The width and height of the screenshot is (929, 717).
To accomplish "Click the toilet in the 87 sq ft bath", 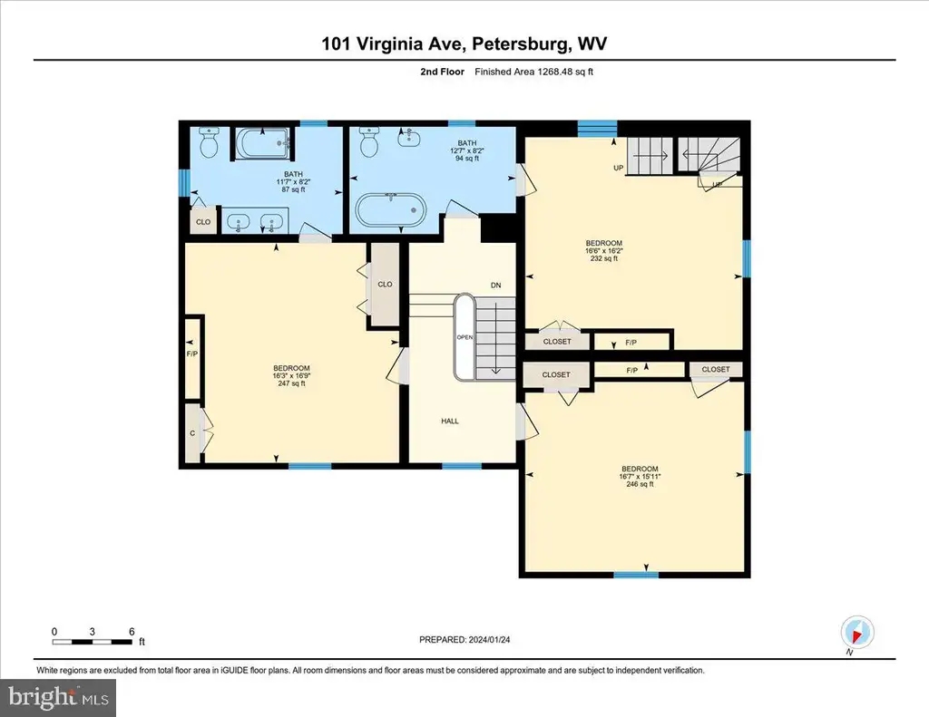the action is click(x=209, y=142).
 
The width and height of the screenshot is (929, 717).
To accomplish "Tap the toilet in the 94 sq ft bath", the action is click(x=369, y=142).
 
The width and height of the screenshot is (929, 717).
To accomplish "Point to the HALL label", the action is click(x=450, y=421).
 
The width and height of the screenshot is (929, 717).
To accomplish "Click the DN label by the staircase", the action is click(x=496, y=286).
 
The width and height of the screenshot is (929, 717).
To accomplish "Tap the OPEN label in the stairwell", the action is click(x=464, y=337).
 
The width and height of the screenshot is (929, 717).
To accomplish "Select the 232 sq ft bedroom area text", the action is click(x=603, y=258).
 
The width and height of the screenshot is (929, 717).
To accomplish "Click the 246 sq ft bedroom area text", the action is click(x=640, y=484).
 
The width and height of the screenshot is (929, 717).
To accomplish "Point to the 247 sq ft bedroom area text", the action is click(x=291, y=383).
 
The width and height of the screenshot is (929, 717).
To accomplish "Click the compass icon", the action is click(x=857, y=633).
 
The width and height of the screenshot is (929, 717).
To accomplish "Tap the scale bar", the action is click(x=93, y=641).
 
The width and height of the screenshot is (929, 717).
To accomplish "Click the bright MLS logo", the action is click(x=58, y=697).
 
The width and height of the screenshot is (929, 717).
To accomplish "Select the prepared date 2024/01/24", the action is click(x=489, y=639).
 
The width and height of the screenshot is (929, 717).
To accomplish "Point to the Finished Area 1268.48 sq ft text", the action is click(x=533, y=72).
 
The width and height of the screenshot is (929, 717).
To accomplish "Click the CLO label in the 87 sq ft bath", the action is click(x=203, y=222).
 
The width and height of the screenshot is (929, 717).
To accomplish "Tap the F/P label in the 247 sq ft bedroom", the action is click(x=192, y=354).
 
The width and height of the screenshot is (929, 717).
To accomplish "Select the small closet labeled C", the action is click(x=192, y=433).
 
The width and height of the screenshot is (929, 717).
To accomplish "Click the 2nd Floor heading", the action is click(x=442, y=72).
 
